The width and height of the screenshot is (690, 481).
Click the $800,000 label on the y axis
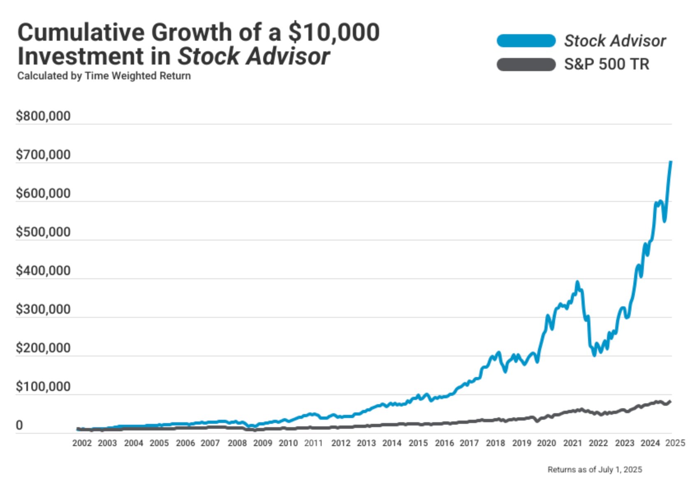click(x=43, y=116)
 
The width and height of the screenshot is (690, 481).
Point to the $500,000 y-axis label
click(x=43, y=232)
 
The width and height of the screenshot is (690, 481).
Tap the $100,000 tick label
click(x=43, y=387)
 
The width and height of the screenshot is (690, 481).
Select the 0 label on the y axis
click(x=19, y=425)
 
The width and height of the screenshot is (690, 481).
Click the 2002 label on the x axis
click(x=82, y=443)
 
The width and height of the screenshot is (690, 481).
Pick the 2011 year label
click(x=313, y=443)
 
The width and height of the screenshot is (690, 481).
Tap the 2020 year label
click(x=546, y=443)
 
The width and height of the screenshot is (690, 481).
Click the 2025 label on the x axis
click(x=675, y=443)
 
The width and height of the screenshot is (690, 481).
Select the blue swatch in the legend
click(x=526, y=41)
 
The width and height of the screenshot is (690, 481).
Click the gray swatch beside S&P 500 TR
click(x=526, y=65)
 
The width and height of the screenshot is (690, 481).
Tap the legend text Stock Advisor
click(x=615, y=41)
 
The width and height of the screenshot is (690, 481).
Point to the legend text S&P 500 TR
click(x=607, y=65)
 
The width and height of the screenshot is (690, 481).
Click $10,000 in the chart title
click(x=333, y=32)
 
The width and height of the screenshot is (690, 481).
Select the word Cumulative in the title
click(x=81, y=32)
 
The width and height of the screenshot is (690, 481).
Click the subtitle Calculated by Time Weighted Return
click(x=104, y=76)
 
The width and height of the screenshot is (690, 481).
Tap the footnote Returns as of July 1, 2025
click(x=595, y=469)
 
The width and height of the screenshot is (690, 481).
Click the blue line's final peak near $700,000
click(x=671, y=162)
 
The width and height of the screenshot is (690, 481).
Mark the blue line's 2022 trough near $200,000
click(x=594, y=355)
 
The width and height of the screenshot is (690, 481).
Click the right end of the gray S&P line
click(x=670, y=402)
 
